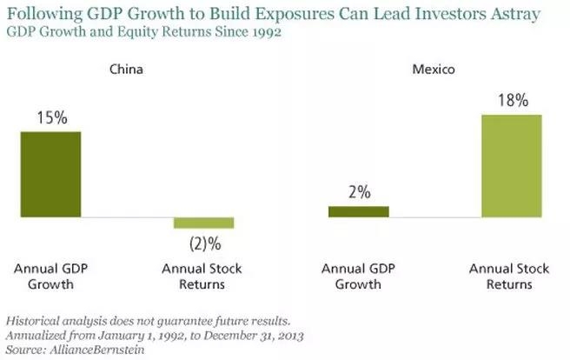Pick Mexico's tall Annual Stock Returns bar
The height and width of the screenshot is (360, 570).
(511, 165)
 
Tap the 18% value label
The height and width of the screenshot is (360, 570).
(511, 101)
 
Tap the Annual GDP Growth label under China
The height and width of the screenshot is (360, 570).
(50, 276)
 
